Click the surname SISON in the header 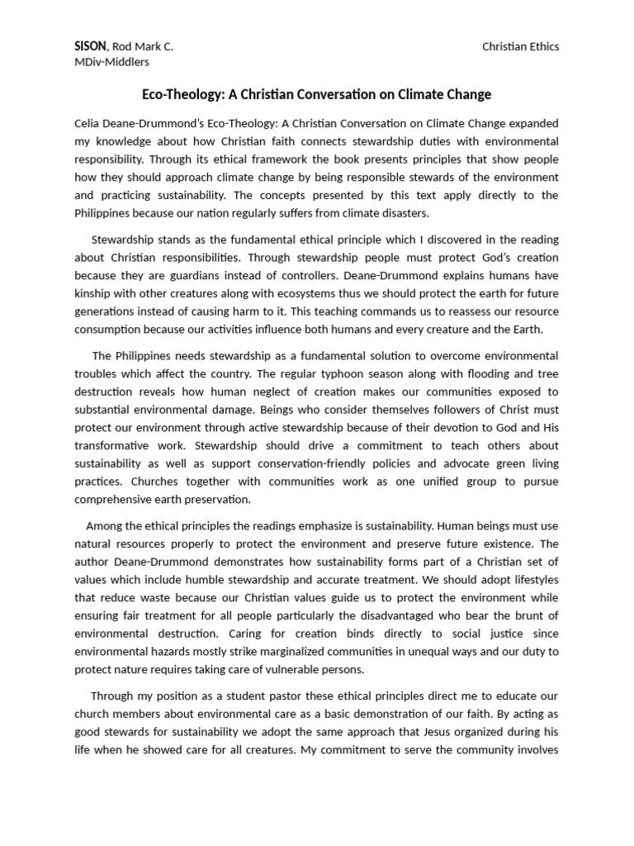coord(89,46)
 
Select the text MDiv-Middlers coord(112,61)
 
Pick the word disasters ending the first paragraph coord(404,212)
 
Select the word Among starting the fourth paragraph coord(105,525)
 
